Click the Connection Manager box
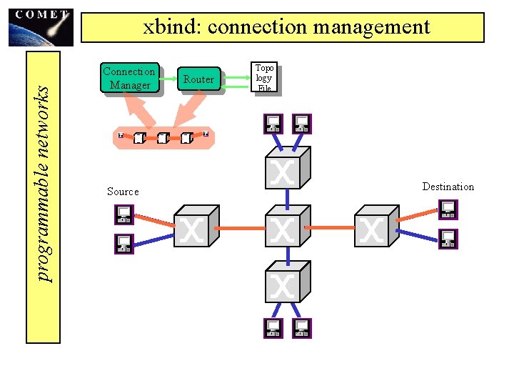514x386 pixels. pyautogui.click(x=128, y=78)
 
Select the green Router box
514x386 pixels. pyautogui.click(x=198, y=79)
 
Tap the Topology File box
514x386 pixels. pyautogui.click(x=264, y=78)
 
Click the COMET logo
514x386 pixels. pyautogui.click(x=41, y=27)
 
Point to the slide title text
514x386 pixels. pyautogui.click(x=286, y=27)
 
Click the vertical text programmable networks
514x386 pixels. pyautogui.click(x=44, y=183)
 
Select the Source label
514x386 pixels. pyautogui.click(x=123, y=192)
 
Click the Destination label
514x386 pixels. pyautogui.click(x=448, y=187)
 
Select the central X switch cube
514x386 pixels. pyautogui.click(x=287, y=227)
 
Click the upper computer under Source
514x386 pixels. pyautogui.click(x=124, y=214)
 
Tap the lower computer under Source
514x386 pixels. pyautogui.click(x=124, y=244)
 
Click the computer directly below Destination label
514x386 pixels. pyautogui.click(x=448, y=209)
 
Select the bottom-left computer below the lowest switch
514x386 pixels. pyautogui.click(x=273, y=328)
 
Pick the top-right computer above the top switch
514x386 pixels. pyautogui.click(x=302, y=124)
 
